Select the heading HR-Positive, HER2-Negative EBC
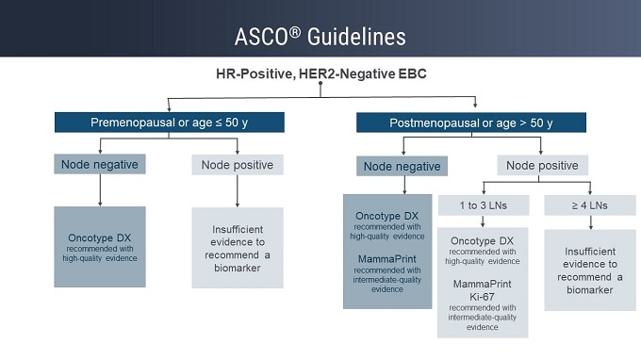[320, 73]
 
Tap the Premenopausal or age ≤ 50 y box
[169, 123]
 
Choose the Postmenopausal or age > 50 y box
[471, 123]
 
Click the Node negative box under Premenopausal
[100, 165]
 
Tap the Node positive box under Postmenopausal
[541, 165]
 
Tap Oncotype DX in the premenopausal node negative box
[100, 237]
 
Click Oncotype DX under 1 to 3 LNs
[483, 240]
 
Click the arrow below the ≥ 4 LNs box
[590, 222]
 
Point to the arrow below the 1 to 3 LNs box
[483, 222]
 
